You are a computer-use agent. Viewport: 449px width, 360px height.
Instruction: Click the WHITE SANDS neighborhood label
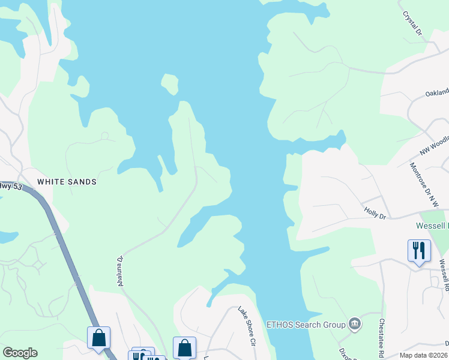point(67,181)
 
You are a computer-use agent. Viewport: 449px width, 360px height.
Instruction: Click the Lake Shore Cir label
point(247,326)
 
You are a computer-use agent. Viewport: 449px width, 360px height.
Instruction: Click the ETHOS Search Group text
point(306,325)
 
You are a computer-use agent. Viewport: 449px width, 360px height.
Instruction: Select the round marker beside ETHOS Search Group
point(355,324)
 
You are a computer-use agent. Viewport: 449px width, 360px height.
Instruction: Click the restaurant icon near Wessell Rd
point(419,250)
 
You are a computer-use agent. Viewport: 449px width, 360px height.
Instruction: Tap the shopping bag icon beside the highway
point(99,337)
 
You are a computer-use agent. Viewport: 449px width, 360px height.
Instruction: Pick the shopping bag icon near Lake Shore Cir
point(184,347)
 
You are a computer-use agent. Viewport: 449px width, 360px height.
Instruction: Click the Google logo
point(20,353)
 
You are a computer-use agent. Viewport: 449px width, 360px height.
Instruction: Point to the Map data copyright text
point(424,355)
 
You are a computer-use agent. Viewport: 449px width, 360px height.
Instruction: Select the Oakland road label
point(436,93)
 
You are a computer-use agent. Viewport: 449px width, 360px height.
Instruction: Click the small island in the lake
point(170,83)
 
